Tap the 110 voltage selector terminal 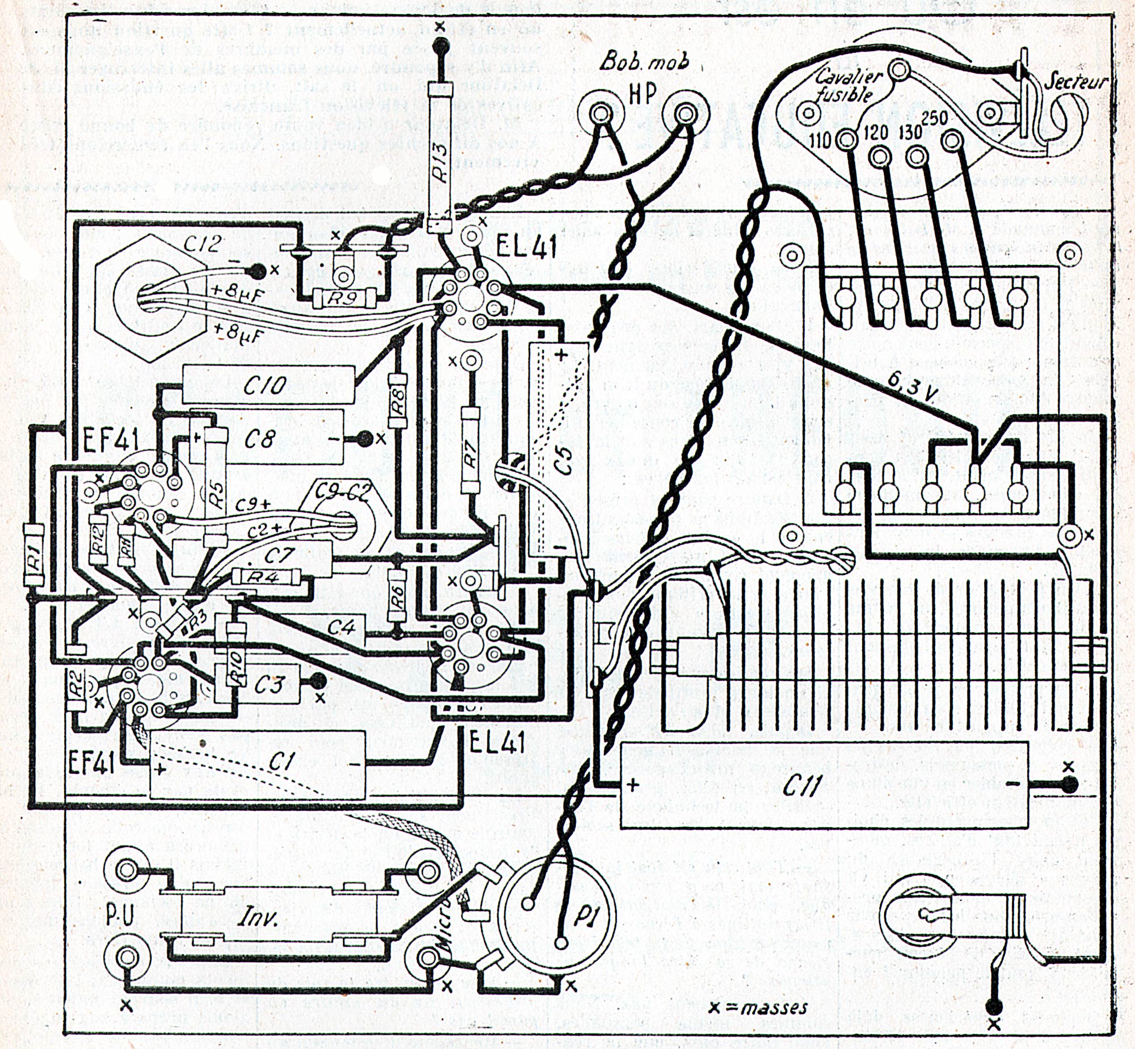pyautogui.click(x=847, y=138)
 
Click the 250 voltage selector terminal pyautogui.click(x=951, y=138)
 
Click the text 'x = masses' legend pyautogui.click(x=759, y=1008)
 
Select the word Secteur pyautogui.click(x=1076, y=83)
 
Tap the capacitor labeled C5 pyautogui.click(x=558, y=451)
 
